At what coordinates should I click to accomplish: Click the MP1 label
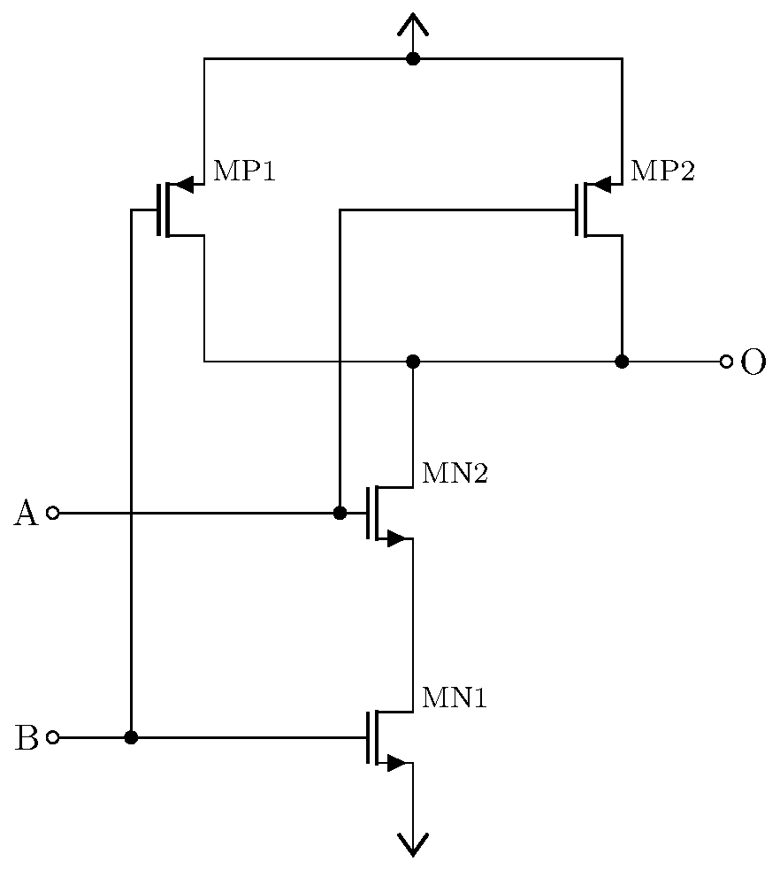[x=245, y=172]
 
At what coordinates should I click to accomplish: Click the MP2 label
[x=662, y=172]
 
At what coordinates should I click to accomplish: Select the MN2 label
[x=455, y=474]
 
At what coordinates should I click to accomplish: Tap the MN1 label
[x=455, y=698]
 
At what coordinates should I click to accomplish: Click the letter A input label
[x=27, y=514]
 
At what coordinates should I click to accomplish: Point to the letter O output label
[x=753, y=362]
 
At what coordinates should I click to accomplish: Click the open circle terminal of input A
[x=52, y=513]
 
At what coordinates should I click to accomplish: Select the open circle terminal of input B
[x=52, y=737]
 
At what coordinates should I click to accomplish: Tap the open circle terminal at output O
[x=726, y=362]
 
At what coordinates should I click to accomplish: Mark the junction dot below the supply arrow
[x=412, y=59]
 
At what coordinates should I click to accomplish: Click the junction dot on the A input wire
[x=340, y=513]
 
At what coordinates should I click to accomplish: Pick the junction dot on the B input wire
[x=131, y=737]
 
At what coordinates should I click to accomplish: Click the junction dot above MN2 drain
[x=412, y=362]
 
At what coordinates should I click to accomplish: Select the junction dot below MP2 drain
[x=622, y=362]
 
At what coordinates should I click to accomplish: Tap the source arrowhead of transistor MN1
[x=398, y=763]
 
